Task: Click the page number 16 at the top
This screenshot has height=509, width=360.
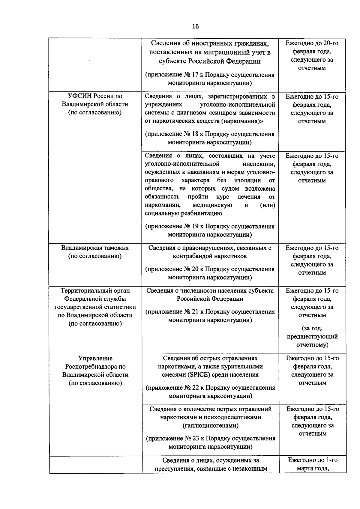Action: (x=195, y=27)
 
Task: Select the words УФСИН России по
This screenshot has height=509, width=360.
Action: (x=95, y=96)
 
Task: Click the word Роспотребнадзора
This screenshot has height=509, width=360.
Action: (x=95, y=367)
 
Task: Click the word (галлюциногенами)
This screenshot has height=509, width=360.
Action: (x=210, y=425)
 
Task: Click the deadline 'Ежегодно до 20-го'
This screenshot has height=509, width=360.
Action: (x=312, y=43)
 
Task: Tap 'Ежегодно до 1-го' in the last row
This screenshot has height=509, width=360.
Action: (x=313, y=460)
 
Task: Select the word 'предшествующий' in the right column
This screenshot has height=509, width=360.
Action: (x=312, y=337)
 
